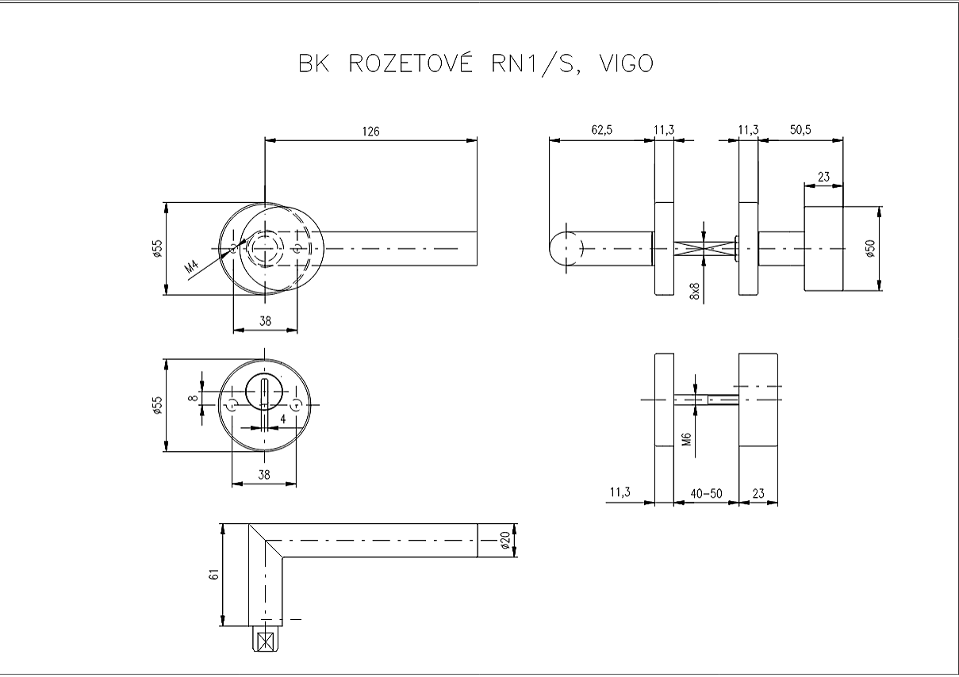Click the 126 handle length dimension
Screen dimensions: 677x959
(370, 132)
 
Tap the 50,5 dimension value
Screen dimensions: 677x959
(800, 132)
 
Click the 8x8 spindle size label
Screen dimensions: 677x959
(695, 290)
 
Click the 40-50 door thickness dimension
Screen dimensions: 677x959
(706, 493)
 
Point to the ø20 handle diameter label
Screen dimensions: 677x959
(505, 541)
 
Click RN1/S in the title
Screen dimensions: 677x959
(524, 63)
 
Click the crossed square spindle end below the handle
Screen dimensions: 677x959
(267, 639)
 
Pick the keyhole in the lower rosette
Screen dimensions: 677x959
(264, 396)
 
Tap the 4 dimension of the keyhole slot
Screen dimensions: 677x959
(282, 418)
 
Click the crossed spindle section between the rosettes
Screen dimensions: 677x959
(705, 249)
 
